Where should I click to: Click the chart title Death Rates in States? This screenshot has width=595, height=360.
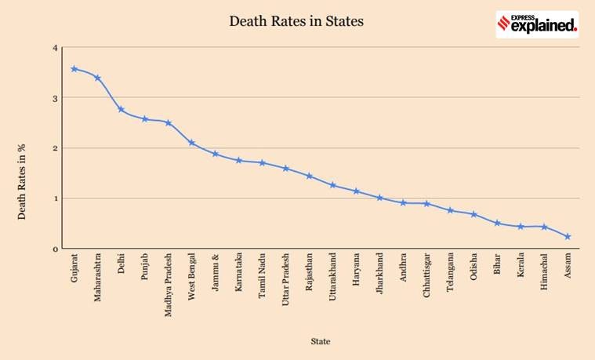[296, 21]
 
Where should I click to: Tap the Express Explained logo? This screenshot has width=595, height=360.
[537, 24]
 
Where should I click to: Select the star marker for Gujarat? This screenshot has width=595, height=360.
[74, 69]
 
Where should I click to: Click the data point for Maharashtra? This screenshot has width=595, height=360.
[97, 78]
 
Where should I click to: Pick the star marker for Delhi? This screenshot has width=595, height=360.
[121, 109]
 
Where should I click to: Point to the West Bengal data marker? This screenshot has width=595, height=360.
[191, 143]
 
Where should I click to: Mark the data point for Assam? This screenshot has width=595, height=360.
[568, 236]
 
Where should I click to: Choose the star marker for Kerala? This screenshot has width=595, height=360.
[521, 227]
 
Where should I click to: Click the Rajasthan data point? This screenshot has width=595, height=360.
[309, 176]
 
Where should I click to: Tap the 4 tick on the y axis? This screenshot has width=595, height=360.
[56, 48]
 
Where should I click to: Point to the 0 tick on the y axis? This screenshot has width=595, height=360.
[56, 249]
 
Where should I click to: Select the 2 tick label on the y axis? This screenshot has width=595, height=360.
[56, 148]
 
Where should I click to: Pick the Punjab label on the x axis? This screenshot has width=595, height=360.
[145, 267]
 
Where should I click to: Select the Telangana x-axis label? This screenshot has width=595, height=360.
[451, 272]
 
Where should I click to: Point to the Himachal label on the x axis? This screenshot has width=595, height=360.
[545, 271]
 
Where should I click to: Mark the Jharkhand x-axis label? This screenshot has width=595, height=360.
[380, 272]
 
